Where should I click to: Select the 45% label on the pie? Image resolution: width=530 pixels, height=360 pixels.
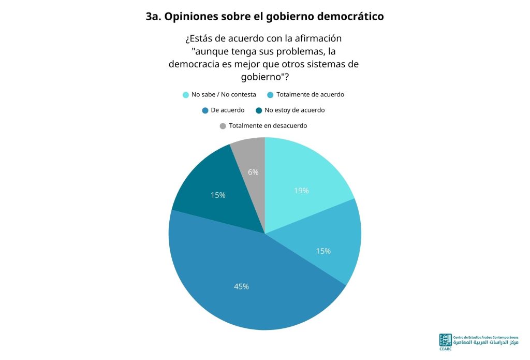[241, 286]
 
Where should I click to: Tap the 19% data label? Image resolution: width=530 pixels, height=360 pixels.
[301, 191]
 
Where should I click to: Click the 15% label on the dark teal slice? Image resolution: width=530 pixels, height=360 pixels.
[218, 195]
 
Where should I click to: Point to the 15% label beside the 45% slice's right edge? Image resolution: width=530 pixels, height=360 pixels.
[323, 251]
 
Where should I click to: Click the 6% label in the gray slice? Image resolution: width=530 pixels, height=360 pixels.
[253, 172]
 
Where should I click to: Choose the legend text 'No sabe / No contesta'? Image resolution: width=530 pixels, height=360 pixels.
[224, 95]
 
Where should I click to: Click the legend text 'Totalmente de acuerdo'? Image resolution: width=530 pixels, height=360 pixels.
[311, 95]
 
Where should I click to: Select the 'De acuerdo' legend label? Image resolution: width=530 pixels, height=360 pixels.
[228, 110]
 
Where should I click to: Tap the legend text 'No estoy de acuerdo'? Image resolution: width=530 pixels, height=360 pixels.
[295, 110]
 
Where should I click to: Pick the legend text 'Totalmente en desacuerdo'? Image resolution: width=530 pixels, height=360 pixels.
[268, 126]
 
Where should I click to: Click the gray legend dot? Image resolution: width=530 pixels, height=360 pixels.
[223, 126]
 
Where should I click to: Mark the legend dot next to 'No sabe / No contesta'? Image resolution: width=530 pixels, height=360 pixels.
[186, 95]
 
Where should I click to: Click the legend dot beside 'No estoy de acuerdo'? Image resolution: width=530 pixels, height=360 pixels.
[259, 111]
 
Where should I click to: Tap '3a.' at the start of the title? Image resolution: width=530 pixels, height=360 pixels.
[153, 17]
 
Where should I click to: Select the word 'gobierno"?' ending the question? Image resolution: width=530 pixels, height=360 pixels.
[265, 77]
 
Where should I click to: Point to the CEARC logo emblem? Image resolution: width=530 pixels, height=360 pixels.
[445, 340]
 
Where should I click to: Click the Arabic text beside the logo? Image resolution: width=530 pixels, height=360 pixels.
[485, 343]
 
